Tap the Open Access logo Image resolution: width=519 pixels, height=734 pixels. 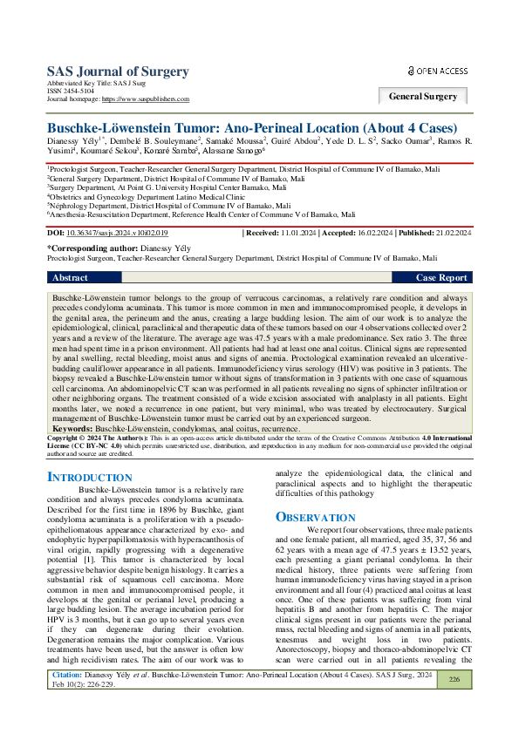[438, 71]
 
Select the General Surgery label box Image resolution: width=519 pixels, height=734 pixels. [423, 96]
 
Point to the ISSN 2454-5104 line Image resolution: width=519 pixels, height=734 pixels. [72, 92]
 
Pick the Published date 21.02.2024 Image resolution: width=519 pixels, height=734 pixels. [452, 234]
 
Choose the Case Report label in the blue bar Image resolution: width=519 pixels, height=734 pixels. [440, 277]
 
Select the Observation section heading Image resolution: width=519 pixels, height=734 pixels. [315, 517]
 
